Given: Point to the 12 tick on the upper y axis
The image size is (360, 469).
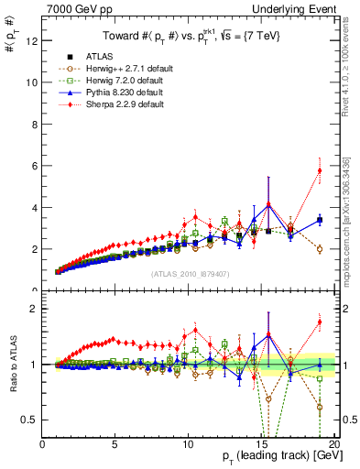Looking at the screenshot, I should [x=32, y=40].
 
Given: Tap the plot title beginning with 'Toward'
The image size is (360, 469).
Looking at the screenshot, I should [x=190, y=36].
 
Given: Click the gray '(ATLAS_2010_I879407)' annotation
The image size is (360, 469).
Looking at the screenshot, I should [x=190, y=273].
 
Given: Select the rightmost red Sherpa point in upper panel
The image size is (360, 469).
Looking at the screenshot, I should [x=320, y=170].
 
